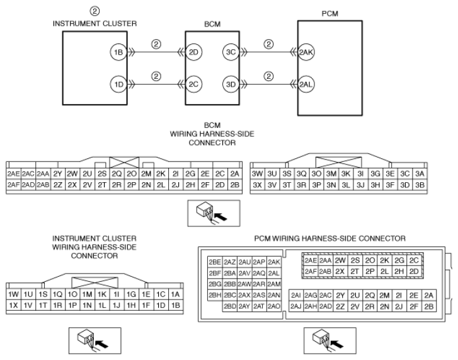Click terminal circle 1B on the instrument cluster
(118, 53)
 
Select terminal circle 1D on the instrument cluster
(118, 84)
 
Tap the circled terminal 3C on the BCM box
(230, 53)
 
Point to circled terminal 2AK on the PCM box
(306, 53)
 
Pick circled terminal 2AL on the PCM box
(306, 84)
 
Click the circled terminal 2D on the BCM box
(194, 53)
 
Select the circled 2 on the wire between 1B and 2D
(156, 45)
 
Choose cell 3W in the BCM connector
(257, 173)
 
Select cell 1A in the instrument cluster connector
(176, 294)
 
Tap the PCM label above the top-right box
(329, 13)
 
